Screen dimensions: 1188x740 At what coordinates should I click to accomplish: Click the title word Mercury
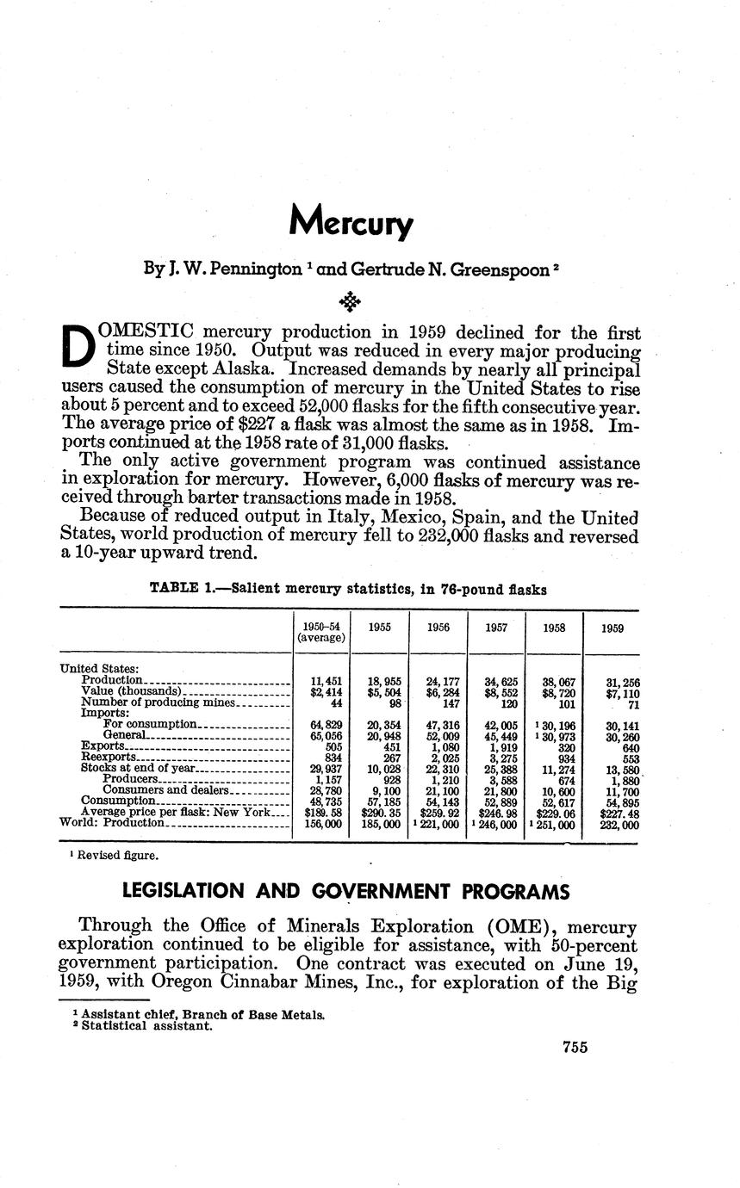pyautogui.click(x=351, y=223)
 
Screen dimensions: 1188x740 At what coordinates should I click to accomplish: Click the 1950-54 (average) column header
pyautogui.click(x=320, y=633)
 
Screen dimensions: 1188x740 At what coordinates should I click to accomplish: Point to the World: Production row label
pyautogui.click(x=111, y=822)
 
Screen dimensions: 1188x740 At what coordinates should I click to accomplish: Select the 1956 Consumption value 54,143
pyautogui.click(x=438, y=801)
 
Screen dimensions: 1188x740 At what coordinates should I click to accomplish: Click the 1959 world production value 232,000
pyautogui.click(x=611, y=824)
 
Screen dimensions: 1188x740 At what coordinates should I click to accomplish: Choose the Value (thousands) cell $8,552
pyautogui.click(x=496, y=692)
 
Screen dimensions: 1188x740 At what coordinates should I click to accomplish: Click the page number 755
pyautogui.click(x=575, y=1047)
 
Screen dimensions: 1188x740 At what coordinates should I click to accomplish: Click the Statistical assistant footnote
pyautogui.click(x=146, y=1026)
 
